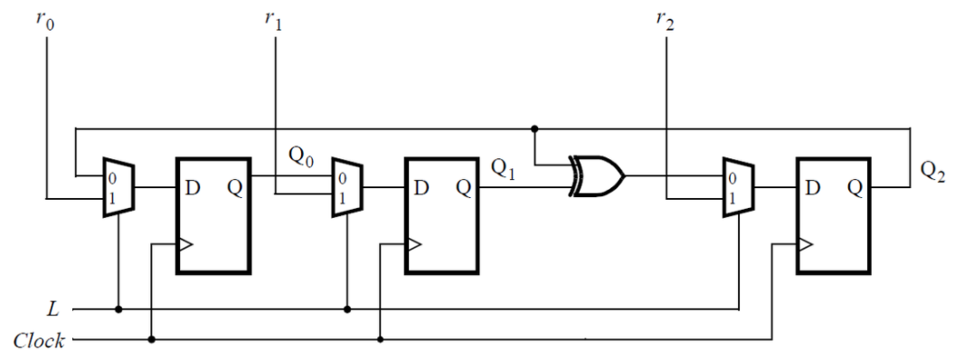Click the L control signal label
click(53, 309)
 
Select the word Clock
click(38, 341)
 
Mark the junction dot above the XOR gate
click(535, 128)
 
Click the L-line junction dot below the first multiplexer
click(118, 309)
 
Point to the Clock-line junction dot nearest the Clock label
click(152, 340)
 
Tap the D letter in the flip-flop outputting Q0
click(193, 188)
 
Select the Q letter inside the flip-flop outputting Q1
click(463, 188)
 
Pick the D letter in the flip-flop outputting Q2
click(813, 188)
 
